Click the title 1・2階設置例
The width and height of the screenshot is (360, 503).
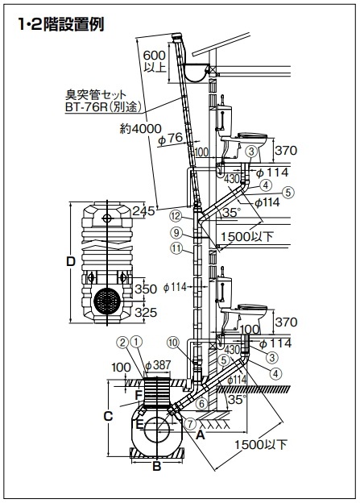61,24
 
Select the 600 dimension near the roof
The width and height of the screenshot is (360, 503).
154,55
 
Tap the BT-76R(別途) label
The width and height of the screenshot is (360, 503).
103,106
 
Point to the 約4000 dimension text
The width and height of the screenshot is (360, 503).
140,129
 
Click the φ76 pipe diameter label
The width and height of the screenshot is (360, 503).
171,139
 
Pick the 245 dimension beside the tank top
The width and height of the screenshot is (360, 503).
143,210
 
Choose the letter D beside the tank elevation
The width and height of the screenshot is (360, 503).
71,261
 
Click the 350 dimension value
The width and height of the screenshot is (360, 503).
146,289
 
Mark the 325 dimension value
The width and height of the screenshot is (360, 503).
146,312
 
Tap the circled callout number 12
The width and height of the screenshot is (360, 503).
176,216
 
